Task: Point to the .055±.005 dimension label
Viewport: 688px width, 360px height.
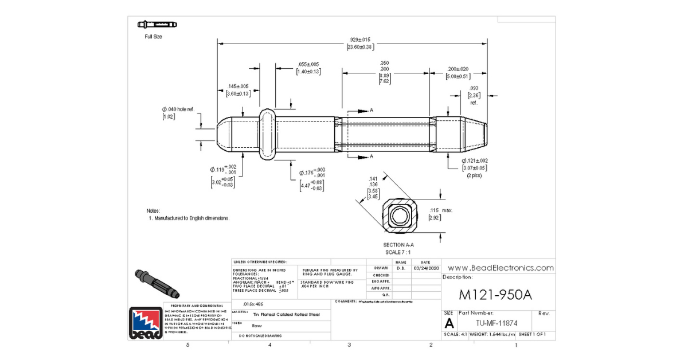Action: coord(308,64)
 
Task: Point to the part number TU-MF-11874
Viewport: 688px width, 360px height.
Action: coord(495,323)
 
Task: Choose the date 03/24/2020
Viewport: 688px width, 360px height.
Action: coord(425,268)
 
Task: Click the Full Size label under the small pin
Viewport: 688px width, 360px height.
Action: coord(153,37)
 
